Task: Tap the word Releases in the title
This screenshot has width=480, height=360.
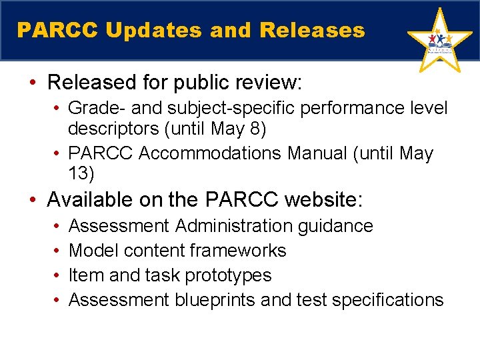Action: tap(313, 31)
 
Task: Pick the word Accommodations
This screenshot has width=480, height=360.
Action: tap(211, 153)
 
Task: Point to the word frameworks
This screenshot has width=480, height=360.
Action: tap(238, 251)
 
